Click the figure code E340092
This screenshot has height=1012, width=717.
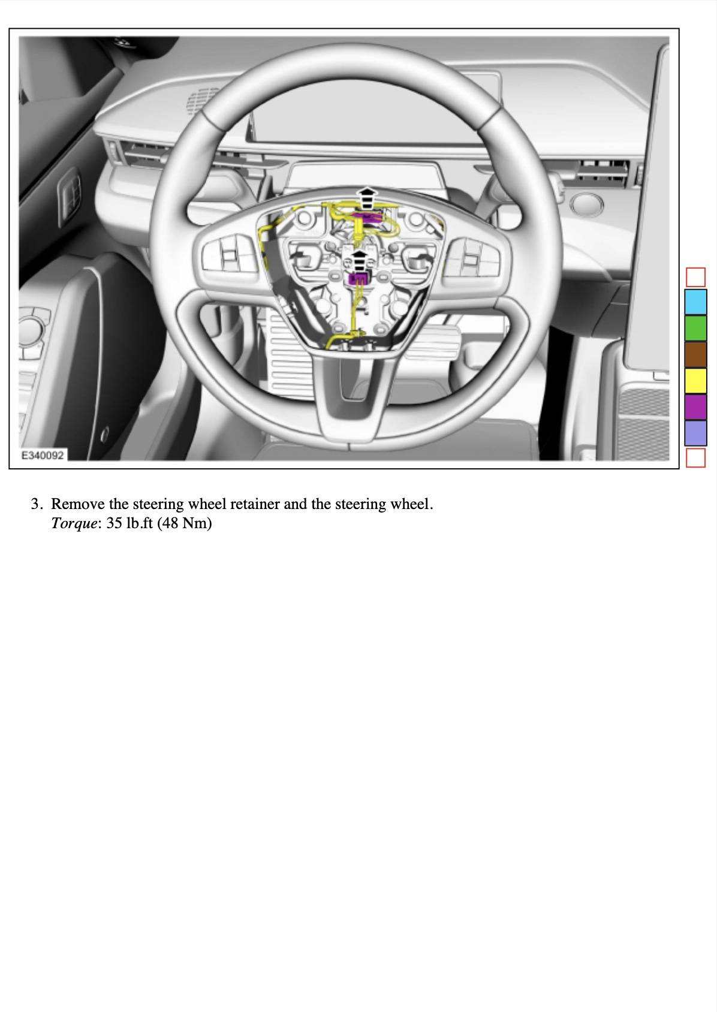42,455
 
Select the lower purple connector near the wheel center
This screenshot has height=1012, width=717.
359,278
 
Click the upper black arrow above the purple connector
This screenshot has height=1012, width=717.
366,197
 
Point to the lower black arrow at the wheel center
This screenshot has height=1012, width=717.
358,261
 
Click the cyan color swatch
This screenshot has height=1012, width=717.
695,302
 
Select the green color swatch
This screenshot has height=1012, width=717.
695,328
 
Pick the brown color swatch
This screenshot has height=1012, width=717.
695,354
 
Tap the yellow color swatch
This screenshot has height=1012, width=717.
695,381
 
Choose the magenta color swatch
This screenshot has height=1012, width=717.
695,406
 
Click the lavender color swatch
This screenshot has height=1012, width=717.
695,433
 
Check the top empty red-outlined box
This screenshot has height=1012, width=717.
695,277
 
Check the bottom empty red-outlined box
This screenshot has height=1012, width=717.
695,458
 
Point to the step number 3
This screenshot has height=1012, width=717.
36,504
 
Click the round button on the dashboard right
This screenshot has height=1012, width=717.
587,204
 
